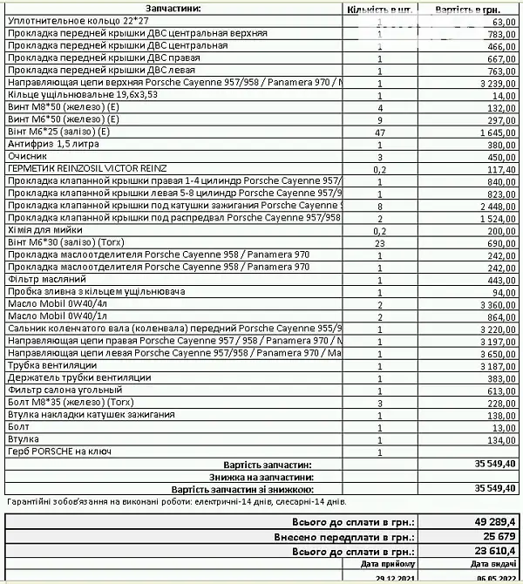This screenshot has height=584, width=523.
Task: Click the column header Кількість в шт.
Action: pyautogui.click(x=379, y=9)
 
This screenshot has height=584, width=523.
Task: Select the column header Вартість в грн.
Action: pyautogui.click(x=470, y=9)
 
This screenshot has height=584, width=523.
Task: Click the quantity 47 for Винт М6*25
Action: pyautogui.click(x=380, y=132)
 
